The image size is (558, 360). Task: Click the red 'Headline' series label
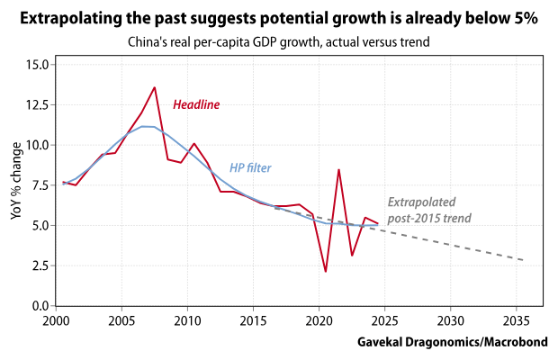tap(196, 105)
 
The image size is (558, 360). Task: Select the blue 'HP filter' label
tap(250, 168)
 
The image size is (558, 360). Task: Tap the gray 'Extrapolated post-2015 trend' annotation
tap(429, 211)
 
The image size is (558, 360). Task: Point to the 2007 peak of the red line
tap(155, 87)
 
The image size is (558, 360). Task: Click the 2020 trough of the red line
tap(325, 272)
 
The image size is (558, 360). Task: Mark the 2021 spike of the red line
tap(338, 169)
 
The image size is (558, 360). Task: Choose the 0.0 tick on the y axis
tap(40, 306)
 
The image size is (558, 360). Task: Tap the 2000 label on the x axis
tap(56, 320)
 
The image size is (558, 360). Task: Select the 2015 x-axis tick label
tap(253, 320)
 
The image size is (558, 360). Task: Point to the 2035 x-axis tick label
tap(517, 320)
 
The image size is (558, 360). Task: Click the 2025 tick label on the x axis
tap(384, 320)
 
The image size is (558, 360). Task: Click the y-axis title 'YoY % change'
tap(14, 184)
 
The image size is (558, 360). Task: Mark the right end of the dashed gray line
tap(523, 260)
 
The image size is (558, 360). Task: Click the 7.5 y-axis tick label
tap(40, 184)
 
